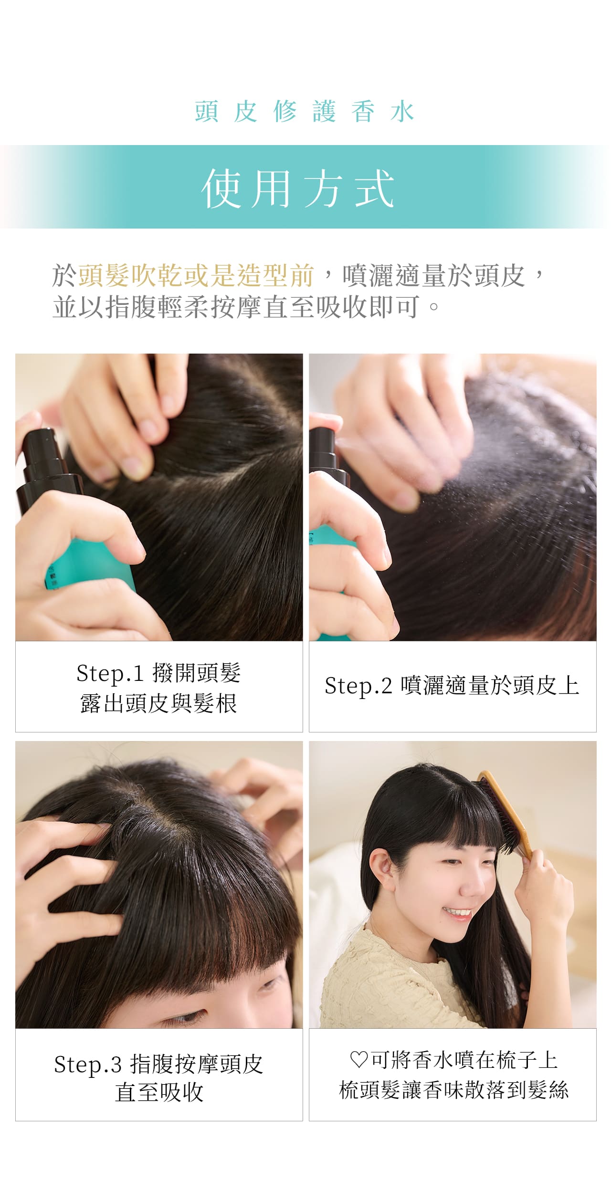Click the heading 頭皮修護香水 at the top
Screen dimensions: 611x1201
pos(305,112)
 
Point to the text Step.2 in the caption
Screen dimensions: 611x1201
pos(358,686)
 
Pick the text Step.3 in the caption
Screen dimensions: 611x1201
pos(88,1065)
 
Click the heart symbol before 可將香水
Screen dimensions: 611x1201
pos(358,1060)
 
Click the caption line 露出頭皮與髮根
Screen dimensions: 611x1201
pos(159,703)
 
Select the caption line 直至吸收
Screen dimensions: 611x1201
pos(159,1092)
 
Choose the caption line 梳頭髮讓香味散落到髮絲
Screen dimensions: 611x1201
pos(453,1090)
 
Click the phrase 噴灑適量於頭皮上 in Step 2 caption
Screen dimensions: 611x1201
pos(490,686)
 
